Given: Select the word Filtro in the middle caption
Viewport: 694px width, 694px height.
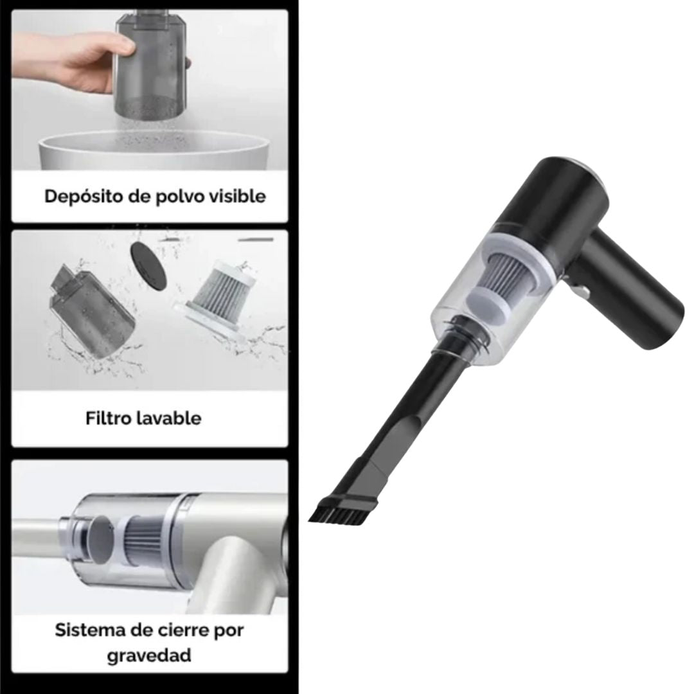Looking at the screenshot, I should (109, 418).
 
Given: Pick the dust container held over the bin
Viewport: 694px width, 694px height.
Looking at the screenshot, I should (151, 71).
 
